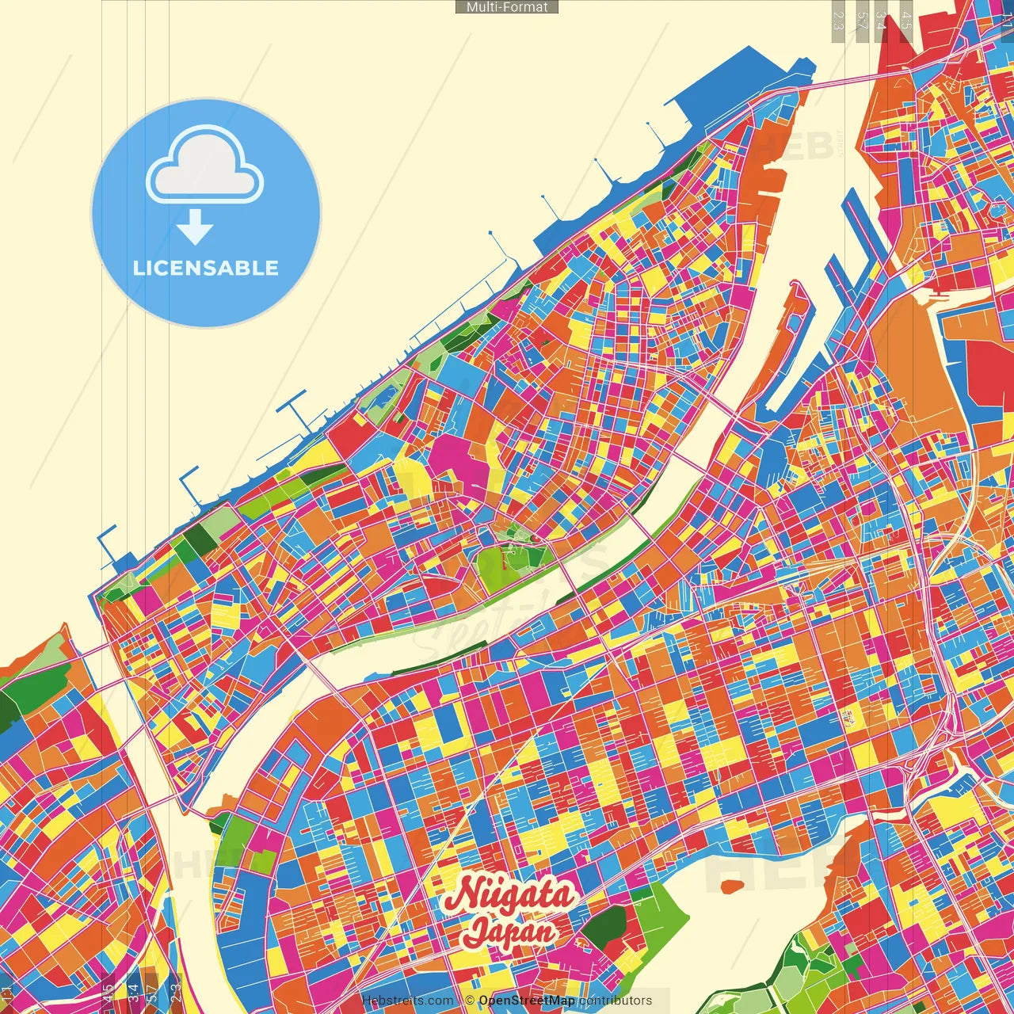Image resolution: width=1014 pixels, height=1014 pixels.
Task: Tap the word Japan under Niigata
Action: pyautogui.click(x=509, y=931)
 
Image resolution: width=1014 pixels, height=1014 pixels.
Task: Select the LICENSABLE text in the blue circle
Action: pyautogui.click(x=206, y=268)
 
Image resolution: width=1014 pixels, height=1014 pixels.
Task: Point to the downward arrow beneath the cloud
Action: pyautogui.click(x=195, y=227)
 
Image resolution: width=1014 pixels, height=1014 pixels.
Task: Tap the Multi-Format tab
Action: pyautogui.click(x=507, y=7)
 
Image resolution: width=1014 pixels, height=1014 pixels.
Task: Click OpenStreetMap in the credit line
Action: pyautogui.click(x=527, y=1001)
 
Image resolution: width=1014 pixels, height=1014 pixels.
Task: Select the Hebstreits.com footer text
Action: pyautogui.click(x=407, y=1001)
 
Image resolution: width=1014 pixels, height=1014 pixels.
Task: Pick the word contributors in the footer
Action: pyautogui.click(x=616, y=1001)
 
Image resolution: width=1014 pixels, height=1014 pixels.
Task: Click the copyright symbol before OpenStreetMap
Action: pyautogui.click(x=470, y=1001)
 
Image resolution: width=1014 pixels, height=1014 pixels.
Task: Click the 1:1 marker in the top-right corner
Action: pyautogui.click(x=1006, y=20)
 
